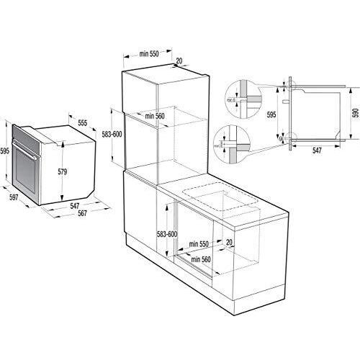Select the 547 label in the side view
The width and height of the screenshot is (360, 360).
click(x=317, y=152)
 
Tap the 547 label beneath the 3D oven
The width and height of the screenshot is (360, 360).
click(x=73, y=205)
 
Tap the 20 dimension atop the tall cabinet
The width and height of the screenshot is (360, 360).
click(x=179, y=61)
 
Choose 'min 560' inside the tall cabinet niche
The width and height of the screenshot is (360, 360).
click(x=155, y=115)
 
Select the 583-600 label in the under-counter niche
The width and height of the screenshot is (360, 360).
click(x=166, y=233)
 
